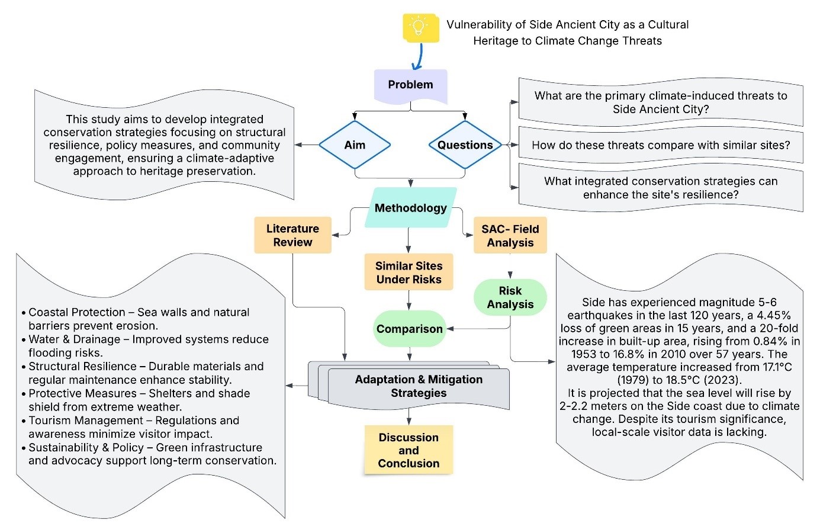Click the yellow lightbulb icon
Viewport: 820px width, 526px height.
[420, 27]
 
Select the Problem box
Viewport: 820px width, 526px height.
[410, 85]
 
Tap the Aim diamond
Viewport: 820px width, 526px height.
[355, 145]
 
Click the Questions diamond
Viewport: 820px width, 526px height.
[465, 145]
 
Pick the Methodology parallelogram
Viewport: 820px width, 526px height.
[410, 208]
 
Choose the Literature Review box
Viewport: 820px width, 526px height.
[292, 235]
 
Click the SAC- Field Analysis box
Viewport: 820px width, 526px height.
[510, 235]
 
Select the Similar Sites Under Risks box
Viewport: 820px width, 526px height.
[409, 272]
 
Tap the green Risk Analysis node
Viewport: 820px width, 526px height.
[510, 297]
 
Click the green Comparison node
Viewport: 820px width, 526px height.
[409, 329]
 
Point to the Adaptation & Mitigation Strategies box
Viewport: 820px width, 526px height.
[418, 386]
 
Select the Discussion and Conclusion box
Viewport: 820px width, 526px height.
[409, 450]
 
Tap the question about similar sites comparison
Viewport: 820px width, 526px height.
[660, 145]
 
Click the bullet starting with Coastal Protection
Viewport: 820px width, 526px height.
[139, 319]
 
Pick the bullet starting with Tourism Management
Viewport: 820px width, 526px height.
[134, 427]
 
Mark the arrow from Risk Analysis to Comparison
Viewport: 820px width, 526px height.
[477, 329]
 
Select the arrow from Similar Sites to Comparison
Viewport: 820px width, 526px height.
[409, 300]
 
